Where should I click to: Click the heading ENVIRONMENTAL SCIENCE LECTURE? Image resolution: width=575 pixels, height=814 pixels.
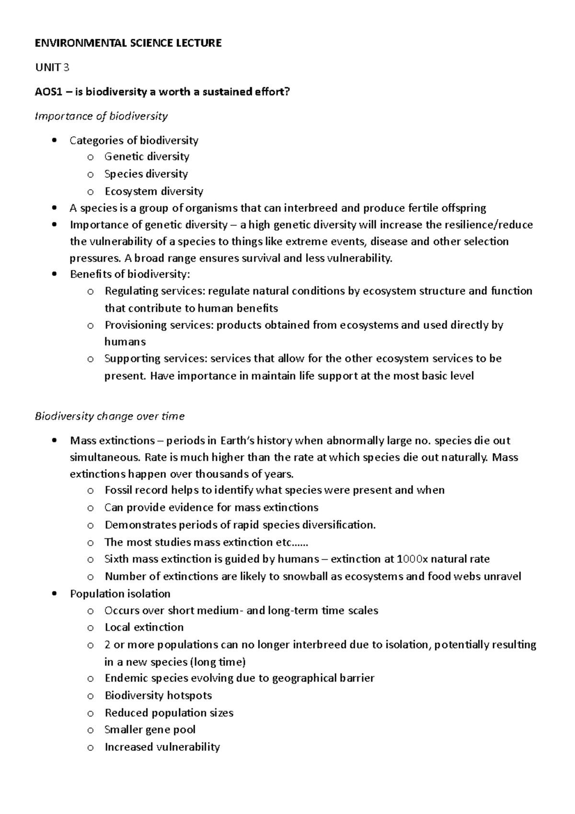128,43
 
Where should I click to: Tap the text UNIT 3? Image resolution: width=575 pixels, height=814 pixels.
52,68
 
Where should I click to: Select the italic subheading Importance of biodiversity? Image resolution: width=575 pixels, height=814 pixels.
101,116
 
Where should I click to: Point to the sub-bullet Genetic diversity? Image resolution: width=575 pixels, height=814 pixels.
147,157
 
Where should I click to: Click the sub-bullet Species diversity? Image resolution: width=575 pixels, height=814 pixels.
146,174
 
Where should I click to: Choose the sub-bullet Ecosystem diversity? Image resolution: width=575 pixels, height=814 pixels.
154,191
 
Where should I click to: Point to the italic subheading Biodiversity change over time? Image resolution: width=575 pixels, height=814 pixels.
110,416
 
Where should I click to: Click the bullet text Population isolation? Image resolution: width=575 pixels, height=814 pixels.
120,593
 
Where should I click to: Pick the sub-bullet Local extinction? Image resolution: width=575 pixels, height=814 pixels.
144,628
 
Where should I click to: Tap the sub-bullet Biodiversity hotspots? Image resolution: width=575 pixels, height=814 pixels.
158,696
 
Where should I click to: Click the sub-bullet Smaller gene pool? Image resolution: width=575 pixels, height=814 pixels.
149,730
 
